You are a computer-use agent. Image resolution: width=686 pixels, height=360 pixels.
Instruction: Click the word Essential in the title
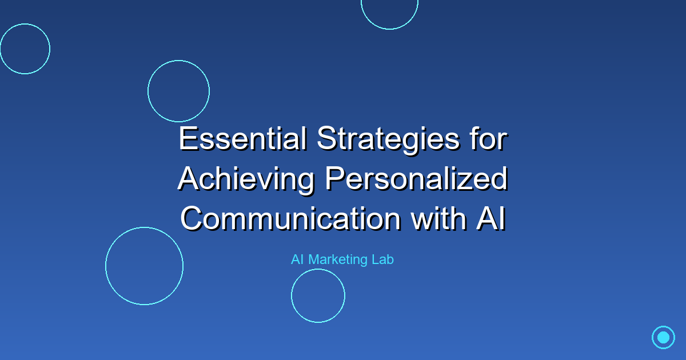(242, 139)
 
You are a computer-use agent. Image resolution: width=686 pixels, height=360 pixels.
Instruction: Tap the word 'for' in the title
(489, 139)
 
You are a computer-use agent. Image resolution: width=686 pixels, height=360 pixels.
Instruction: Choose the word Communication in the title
(290, 218)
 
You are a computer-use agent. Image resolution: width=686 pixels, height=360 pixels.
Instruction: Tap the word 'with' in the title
(438, 218)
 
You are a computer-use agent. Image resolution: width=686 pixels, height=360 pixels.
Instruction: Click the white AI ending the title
(491, 218)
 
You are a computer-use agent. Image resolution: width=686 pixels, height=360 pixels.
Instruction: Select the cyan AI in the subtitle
(297, 259)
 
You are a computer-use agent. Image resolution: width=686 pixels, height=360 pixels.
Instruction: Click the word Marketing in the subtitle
(338, 260)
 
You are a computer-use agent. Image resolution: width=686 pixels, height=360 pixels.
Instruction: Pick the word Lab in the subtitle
(383, 259)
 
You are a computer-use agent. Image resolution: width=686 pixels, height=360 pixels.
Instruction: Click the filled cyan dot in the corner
(663, 337)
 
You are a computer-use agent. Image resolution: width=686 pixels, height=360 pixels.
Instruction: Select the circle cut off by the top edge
(389, 29)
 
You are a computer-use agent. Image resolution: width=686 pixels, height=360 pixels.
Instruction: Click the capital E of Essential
(188, 139)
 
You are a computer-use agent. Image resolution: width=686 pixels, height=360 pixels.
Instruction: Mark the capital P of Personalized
(334, 178)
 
